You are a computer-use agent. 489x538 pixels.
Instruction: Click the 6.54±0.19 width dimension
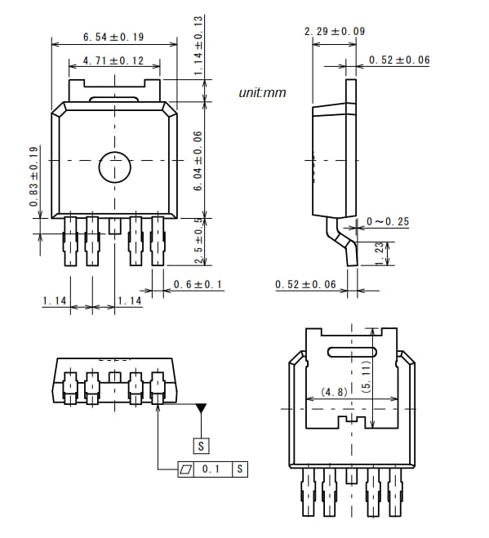[113, 37]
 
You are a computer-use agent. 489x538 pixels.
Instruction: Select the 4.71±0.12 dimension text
[113, 61]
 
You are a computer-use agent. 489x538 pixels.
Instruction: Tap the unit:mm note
[262, 93]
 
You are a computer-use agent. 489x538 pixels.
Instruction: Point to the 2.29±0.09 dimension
[334, 31]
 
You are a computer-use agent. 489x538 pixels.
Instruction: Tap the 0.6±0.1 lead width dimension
[198, 285]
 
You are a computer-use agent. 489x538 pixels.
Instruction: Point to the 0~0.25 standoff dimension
[388, 221]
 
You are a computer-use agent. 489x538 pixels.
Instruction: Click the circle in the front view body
[114, 167]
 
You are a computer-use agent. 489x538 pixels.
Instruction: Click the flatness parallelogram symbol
[187, 469]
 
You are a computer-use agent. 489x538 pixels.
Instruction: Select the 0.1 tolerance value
[211, 469]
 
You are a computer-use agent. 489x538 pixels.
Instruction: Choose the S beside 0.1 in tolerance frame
[240, 469]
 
